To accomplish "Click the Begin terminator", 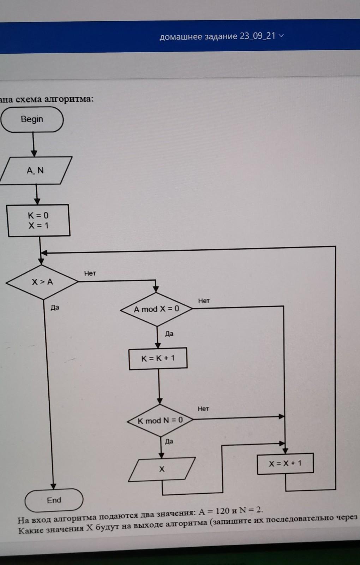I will tap(32, 119).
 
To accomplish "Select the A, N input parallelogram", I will tap(35, 171).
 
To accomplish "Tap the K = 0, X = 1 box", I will tap(38, 220).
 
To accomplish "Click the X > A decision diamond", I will tap(42, 282).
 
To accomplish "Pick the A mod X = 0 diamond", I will tap(156, 309).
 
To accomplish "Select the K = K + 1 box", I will tap(158, 358).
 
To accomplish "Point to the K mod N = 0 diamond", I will tap(160, 421).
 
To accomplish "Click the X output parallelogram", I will tap(162, 469).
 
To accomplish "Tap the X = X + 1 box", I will tap(285, 464).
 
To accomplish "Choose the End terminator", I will tap(54, 500).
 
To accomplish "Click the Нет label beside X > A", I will tap(90, 273).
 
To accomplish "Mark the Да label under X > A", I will tap(55, 308).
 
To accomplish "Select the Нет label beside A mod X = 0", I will tap(204, 301).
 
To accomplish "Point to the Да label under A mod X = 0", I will tap(169, 334).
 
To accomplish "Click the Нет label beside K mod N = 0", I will tap(203, 409).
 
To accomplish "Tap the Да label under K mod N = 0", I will tap(169, 441).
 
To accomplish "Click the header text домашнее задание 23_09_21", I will tap(217, 36).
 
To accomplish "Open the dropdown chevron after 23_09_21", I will tap(281, 36).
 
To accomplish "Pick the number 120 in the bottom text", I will tap(222, 511).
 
